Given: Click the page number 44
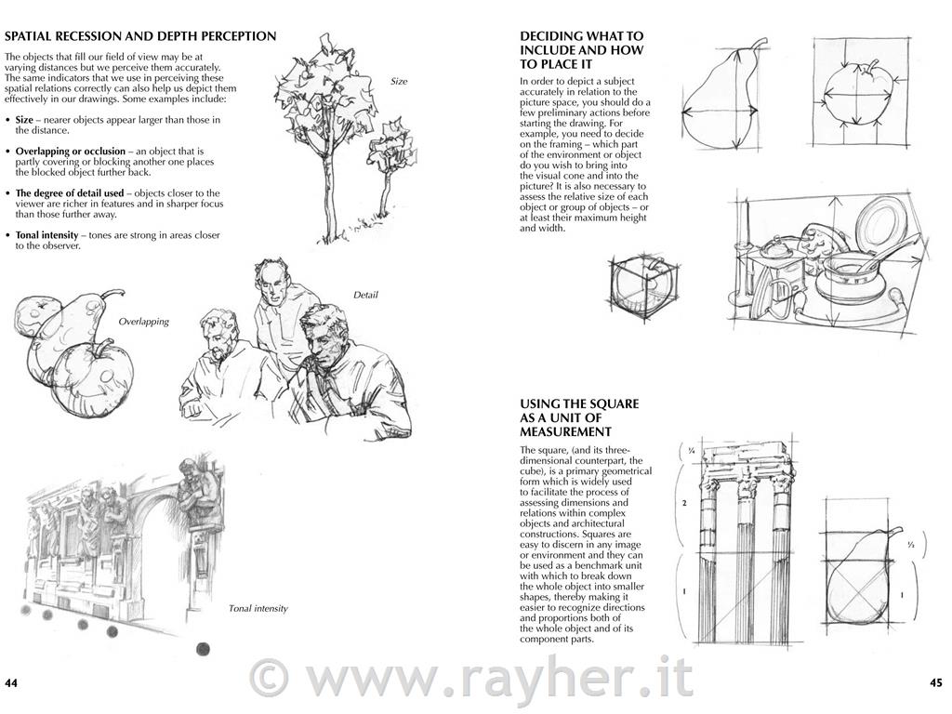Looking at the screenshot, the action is coord(11,683).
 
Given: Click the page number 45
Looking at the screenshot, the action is coord(935,682).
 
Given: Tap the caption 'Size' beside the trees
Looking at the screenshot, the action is coord(399,82).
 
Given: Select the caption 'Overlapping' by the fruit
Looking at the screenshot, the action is coord(144,322).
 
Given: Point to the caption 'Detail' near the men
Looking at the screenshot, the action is coord(365,295).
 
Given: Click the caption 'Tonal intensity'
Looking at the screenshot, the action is coord(258,608).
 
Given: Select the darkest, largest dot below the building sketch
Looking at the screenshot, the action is coord(204,648).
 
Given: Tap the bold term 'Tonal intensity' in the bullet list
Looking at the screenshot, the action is coord(46,235).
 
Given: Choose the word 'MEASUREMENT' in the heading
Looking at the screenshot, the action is coord(565,432).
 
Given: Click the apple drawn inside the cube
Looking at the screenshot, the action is coord(641,285).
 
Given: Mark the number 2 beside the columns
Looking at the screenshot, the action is coord(684,503).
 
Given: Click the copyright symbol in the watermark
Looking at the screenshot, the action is coord(271,678).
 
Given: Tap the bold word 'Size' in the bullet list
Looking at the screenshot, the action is coord(24,120).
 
